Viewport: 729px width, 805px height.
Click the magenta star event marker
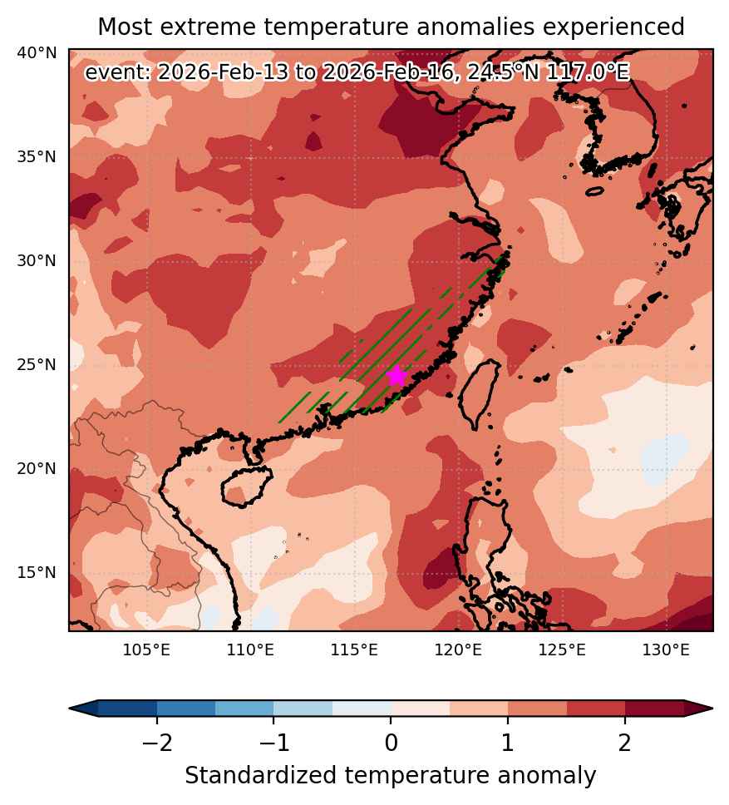tap(397, 376)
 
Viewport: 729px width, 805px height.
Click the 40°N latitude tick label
tap(37, 53)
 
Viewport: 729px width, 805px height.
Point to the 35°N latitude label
tap(37, 156)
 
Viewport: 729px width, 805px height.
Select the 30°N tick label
tap(37, 261)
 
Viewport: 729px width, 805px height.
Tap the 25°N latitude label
tap(37, 364)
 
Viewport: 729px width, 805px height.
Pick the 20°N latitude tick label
tap(37, 469)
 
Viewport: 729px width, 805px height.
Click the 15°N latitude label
tap(37, 572)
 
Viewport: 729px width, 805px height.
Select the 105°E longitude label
tap(146, 650)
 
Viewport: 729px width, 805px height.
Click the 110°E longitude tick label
tap(250, 650)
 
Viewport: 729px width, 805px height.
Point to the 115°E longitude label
tap(354, 650)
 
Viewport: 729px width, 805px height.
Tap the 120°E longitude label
tap(458, 650)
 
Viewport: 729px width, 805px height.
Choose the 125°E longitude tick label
tap(562, 650)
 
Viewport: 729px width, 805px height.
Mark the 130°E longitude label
tap(666, 650)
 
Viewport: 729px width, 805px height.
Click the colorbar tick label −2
tap(157, 743)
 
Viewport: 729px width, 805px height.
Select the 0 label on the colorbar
tap(391, 743)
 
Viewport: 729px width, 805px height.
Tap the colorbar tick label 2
tap(625, 743)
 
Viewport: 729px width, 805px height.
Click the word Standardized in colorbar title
tap(261, 776)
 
